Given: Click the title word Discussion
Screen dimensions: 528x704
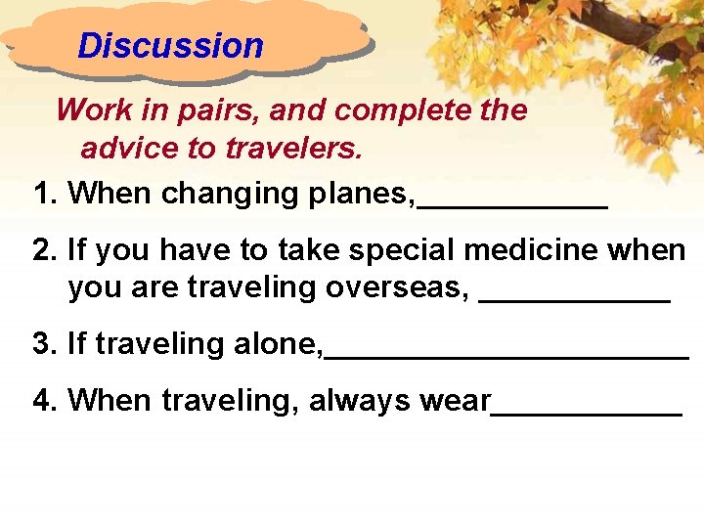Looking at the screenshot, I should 170,46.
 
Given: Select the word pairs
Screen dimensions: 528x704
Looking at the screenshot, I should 221,111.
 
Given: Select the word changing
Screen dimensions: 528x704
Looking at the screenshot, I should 230,195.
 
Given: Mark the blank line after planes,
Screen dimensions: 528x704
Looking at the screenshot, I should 512,206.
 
